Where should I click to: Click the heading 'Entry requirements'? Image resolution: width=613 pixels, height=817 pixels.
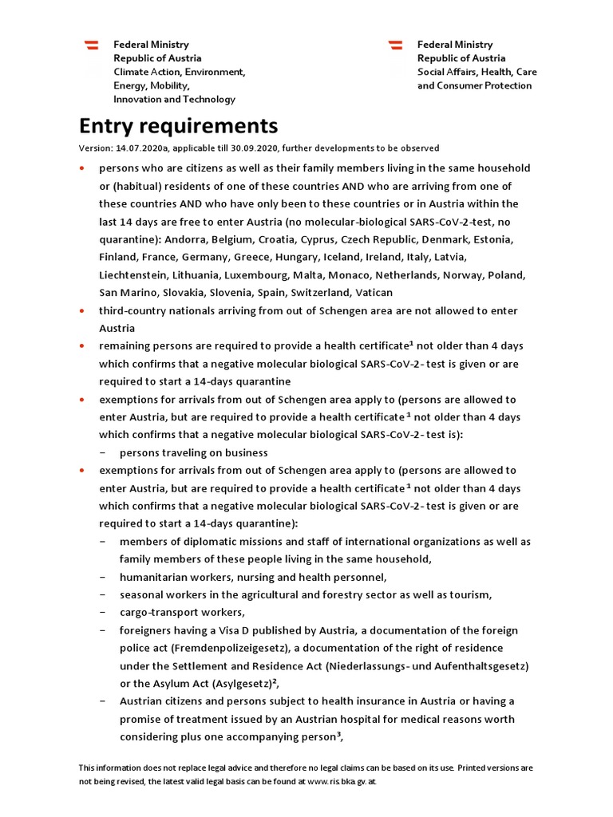178,126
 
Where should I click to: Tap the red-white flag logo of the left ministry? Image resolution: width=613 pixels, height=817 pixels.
92,46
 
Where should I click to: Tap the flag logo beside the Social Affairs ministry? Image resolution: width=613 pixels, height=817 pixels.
395,46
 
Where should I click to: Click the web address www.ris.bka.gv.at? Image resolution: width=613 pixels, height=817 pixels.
341,782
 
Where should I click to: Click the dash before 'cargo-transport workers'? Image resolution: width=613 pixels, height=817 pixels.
104,613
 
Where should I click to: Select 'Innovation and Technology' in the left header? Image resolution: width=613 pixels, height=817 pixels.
174,100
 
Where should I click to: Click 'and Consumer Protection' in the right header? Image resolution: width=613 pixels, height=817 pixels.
474,85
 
